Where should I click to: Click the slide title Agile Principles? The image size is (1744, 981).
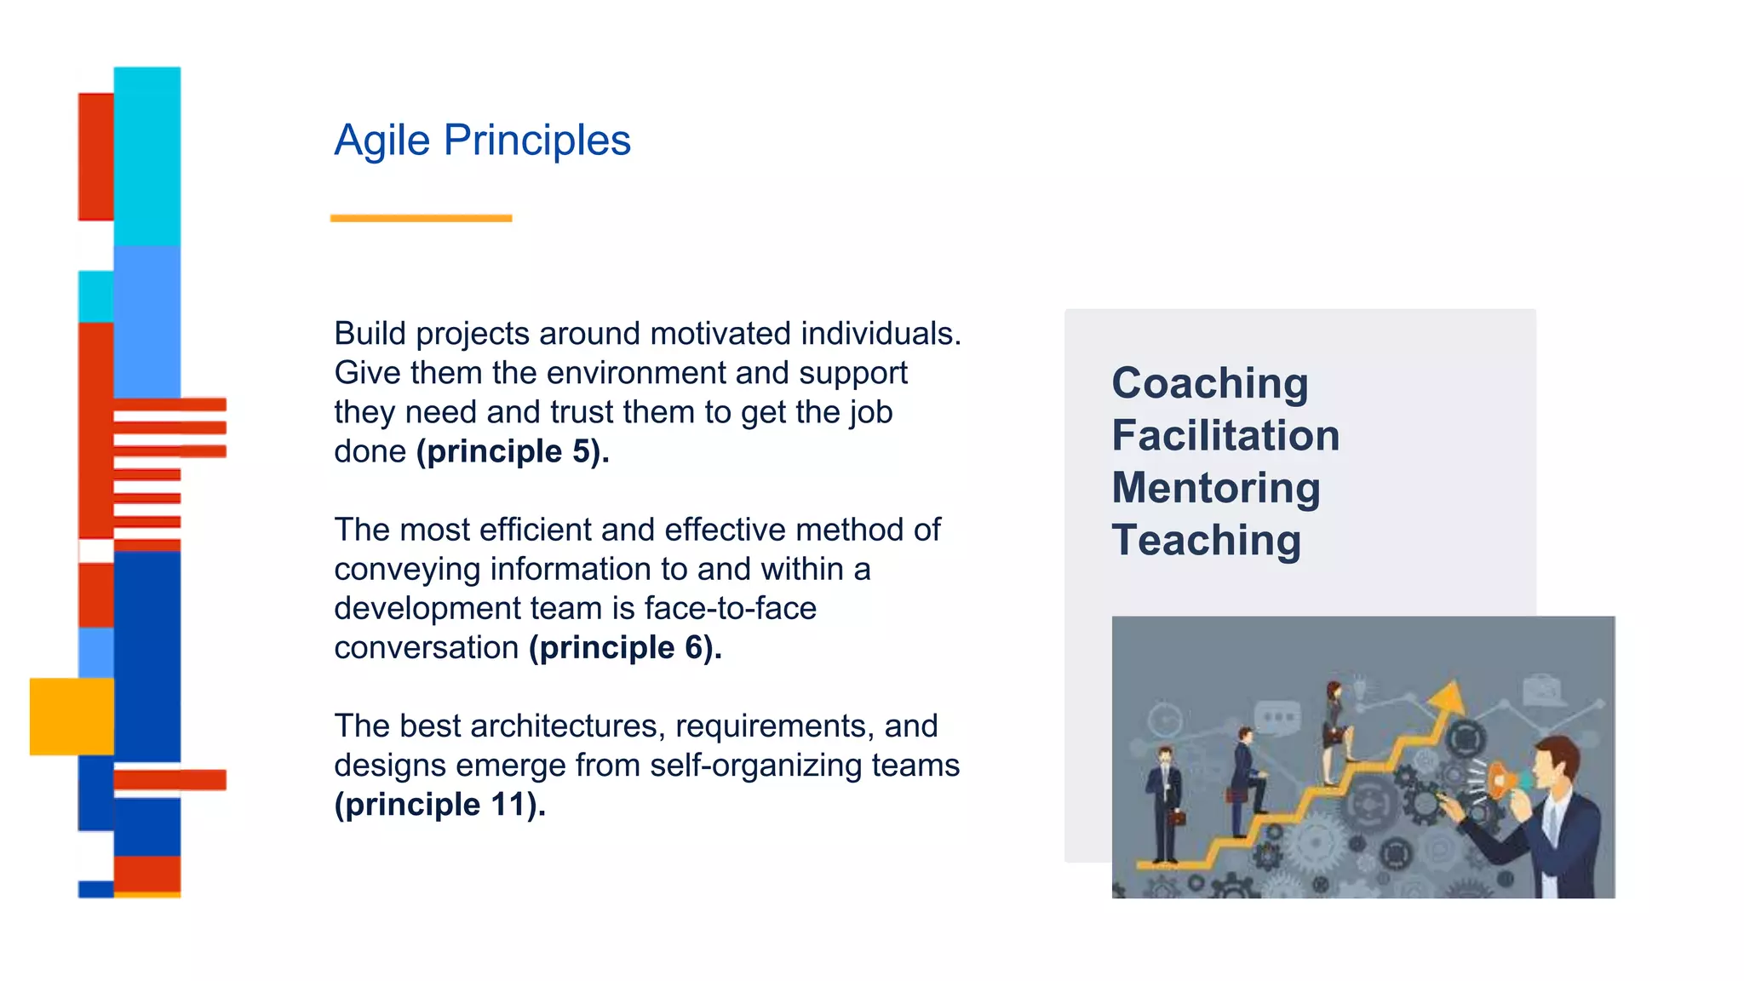click(482, 141)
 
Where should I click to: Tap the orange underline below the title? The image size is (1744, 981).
click(421, 219)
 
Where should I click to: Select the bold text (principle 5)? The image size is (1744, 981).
click(513, 451)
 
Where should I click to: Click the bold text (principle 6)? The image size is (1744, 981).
click(625, 648)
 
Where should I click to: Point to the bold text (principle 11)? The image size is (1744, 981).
click(439, 805)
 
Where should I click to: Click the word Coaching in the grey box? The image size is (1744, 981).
click(1209, 383)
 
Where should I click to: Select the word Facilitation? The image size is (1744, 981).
click(1225, 436)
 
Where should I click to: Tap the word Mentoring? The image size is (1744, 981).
click(1215, 488)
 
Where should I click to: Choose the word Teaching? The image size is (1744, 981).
click(1206, 541)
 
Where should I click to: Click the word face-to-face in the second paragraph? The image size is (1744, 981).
click(730, 609)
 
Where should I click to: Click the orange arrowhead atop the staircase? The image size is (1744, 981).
click(1447, 697)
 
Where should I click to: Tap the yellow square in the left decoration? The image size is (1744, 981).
click(72, 716)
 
